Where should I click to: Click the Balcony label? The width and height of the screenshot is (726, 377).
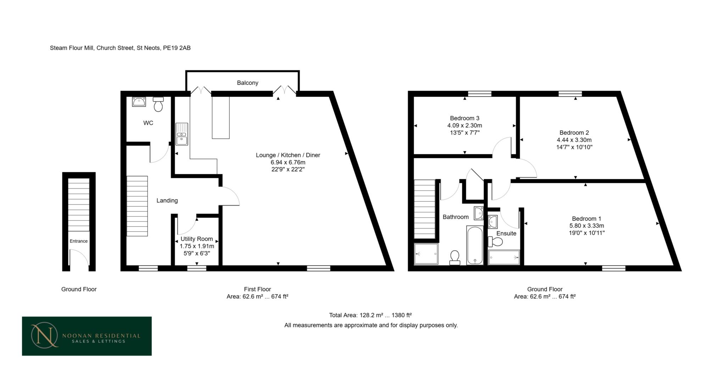[x=247, y=83]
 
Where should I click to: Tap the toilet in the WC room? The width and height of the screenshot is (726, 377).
[x=158, y=104]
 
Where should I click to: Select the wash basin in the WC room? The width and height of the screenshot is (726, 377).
[x=139, y=102]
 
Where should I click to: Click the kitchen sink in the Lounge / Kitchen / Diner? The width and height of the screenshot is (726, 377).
[x=182, y=134]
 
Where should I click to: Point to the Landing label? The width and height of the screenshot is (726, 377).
[x=167, y=201]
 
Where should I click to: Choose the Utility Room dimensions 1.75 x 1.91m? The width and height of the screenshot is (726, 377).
[x=197, y=246]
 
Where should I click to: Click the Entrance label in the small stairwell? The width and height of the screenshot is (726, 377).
[x=79, y=241]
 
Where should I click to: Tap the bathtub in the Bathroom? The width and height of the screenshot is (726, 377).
[x=475, y=245]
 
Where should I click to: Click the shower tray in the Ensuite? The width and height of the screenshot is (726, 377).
[x=504, y=258]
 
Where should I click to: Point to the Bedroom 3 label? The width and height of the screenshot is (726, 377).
[x=464, y=118]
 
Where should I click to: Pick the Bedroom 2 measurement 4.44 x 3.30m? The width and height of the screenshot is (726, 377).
[x=574, y=140]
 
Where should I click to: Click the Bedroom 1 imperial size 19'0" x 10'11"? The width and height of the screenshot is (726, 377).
[x=586, y=233]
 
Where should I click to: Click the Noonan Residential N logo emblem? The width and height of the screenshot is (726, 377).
[x=44, y=335]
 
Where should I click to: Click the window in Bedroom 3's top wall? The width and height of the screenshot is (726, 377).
[x=480, y=94]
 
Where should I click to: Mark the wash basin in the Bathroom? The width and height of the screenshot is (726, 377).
[x=479, y=213]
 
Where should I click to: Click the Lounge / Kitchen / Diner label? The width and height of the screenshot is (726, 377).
[x=288, y=155]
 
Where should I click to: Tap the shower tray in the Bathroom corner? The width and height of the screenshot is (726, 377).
[x=426, y=254]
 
